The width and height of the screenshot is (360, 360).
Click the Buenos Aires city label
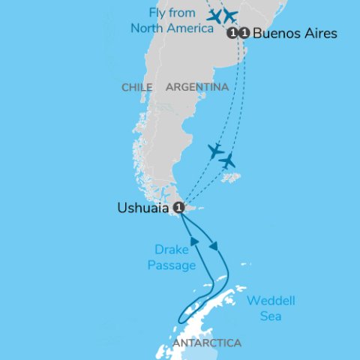[x=295, y=34]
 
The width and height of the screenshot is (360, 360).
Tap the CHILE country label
[x=136, y=88]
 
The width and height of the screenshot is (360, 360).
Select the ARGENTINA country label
[x=197, y=88]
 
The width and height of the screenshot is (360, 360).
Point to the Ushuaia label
[x=143, y=208]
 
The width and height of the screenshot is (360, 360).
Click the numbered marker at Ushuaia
[x=178, y=207]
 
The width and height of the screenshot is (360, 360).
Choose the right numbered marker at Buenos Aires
[x=244, y=33]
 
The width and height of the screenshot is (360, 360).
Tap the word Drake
[x=172, y=250]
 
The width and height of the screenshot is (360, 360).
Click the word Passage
[x=171, y=265]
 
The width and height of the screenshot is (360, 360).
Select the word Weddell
[x=271, y=301]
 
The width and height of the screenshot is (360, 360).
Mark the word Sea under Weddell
[x=271, y=316]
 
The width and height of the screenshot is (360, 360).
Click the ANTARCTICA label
[x=207, y=343]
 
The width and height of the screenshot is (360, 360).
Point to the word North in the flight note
[x=146, y=28]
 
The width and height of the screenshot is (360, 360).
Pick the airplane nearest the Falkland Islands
[x=227, y=160]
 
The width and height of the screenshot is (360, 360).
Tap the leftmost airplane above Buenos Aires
[x=215, y=16]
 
